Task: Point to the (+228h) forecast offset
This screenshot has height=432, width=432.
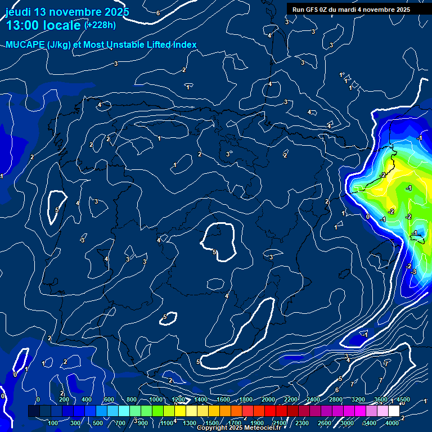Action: (x=100, y=25)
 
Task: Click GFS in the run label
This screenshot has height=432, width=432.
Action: (x=314, y=10)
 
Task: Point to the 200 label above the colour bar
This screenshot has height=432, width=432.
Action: (x=64, y=399)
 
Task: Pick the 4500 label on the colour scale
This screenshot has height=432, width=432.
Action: (x=403, y=399)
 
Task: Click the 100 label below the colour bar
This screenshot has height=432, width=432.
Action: (x=54, y=423)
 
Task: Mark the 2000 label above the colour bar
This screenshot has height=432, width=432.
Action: (x=268, y=399)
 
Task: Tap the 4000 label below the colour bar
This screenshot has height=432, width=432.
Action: (x=393, y=423)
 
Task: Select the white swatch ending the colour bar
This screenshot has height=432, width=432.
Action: (x=394, y=411)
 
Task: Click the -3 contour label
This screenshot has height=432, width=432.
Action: (x=413, y=272)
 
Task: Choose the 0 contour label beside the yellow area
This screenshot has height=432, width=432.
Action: (x=367, y=216)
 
